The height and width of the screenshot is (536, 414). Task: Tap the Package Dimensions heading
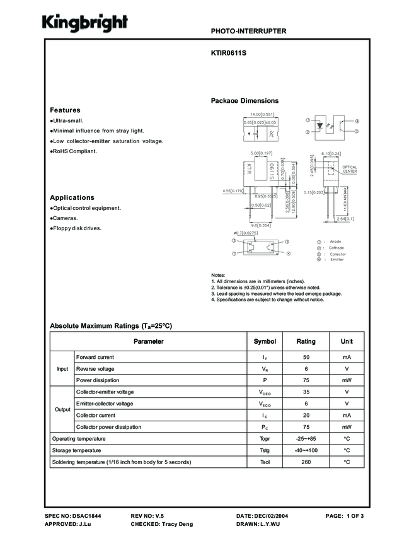tap(244, 101)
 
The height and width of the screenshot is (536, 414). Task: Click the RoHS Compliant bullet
tap(74, 151)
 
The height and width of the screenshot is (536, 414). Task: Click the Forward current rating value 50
tap(306, 357)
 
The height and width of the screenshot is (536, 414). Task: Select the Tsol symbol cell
tap(265, 462)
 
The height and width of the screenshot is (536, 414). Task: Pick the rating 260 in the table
tap(306, 462)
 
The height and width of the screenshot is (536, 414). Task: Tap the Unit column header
tap(347, 341)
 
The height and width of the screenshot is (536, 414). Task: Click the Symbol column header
tap(265, 341)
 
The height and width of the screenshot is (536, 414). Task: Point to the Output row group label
tap(62, 409)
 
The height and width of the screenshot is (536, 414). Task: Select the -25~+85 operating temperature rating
tap(306, 438)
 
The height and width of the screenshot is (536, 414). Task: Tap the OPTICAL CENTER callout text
tap(350, 169)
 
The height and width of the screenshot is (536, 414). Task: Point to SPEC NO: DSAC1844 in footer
tap(73, 516)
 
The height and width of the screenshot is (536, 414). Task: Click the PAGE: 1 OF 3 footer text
tap(345, 516)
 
